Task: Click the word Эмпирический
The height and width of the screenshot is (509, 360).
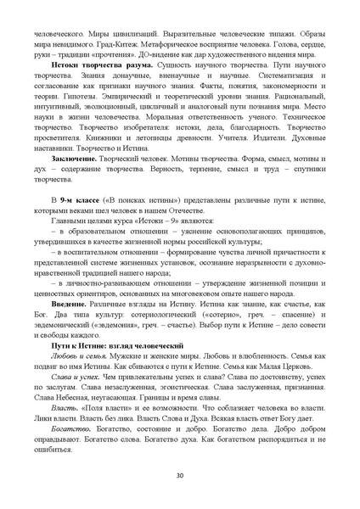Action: (142, 111)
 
